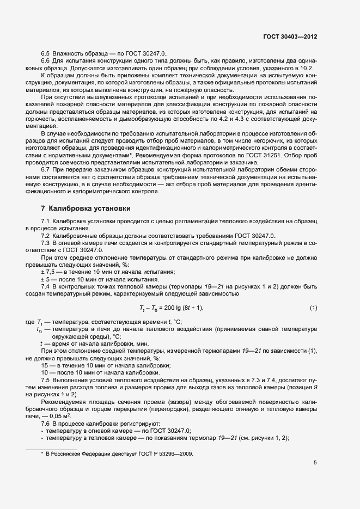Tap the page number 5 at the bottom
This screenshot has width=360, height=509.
[x=315, y=463]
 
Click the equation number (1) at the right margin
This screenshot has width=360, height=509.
[x=313, y=309]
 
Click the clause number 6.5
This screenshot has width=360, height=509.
[x=46, y=54]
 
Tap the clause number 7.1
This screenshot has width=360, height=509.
[x=46, y=222]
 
